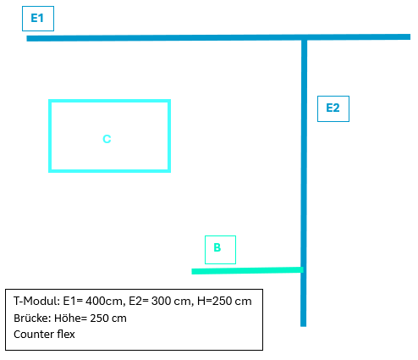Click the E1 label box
[38, 19]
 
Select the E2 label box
[333, 108]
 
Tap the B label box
[220, 250]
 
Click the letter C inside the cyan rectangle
[107, 139]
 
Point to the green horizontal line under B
[247, 270]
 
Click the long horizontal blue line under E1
[218, 37]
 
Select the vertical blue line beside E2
[304, 182]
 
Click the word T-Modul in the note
[36, 301]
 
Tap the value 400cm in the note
[104, 302]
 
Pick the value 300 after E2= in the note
[161, 301]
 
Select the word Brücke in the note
[32, 318]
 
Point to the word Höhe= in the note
[71, 318]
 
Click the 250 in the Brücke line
[99, 318]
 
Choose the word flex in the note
[66, 335]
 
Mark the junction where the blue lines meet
[304, 37]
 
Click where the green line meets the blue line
[302, 270]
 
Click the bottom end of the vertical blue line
[303, 326]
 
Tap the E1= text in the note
[73, 301]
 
